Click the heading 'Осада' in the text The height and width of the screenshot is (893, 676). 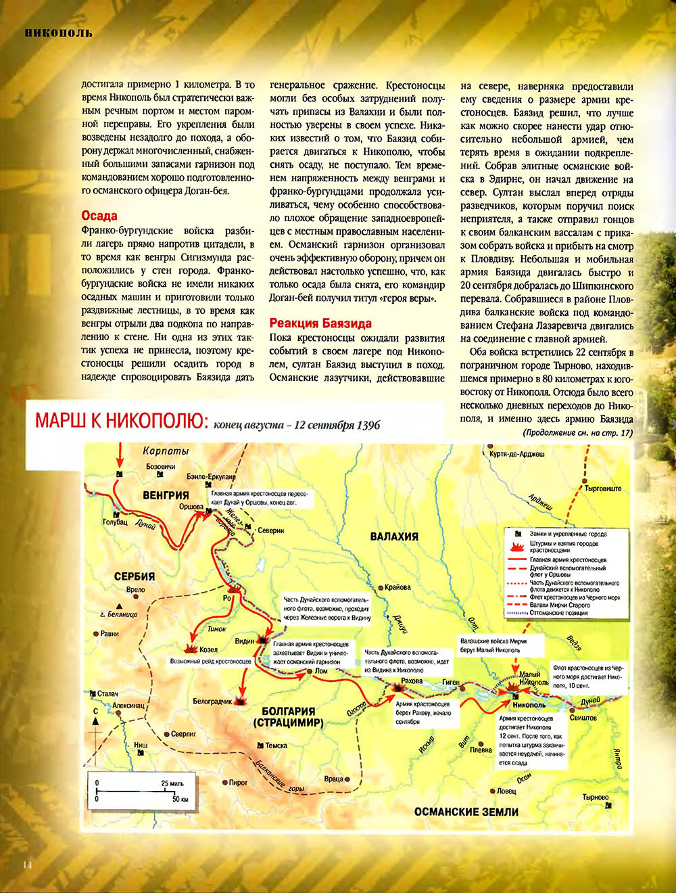pyautogui.click(x=99, y=216)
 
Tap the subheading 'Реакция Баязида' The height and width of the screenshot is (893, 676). pyautogui.click(x=320, y=323)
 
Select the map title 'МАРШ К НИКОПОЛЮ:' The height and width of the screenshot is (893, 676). pyautogui.click(x=121, y=421)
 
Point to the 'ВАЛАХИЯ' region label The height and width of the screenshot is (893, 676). pyautogui.click(x=394, y=536)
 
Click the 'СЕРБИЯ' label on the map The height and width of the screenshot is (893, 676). pyautogui.click(x=134, y=576)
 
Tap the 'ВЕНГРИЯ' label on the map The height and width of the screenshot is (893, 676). pyautogui.click(x=166, y=495)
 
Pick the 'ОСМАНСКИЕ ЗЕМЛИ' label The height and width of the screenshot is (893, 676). pyautogui.click(x=466, y=811)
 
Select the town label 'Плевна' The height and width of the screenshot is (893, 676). pyautogui.click(x=481, y=750)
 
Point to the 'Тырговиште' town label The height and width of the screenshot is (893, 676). pyautogui.click(x=603, y=488)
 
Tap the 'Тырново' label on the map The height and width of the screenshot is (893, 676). pyautogui.click(x=596, y=797)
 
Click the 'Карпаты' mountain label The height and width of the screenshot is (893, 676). pyautogui.click(x=166, y=451)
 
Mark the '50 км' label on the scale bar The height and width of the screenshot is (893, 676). pyautogui.click(x=180, y=799)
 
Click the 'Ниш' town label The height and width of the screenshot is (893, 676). pyautogui.click(x=141, y=746)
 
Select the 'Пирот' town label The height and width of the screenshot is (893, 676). pyautogui.click(x=238, y=783)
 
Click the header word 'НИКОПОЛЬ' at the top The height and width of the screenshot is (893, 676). pyautogui.click(x=58, y=32)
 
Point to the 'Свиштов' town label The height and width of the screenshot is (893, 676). pyautogui.click(x=583, y=718)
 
